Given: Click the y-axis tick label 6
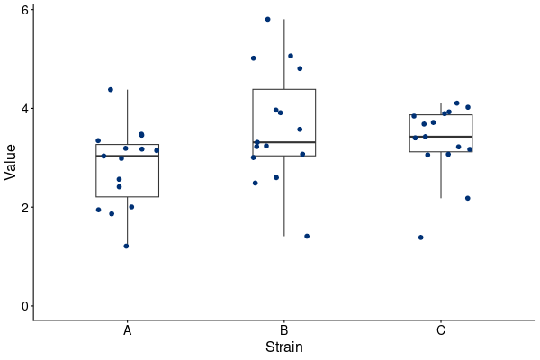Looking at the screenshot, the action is point(25,10).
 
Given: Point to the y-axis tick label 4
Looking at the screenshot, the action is point(25,109).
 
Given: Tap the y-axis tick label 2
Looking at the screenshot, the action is point(25,207).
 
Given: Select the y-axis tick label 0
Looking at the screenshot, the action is point(25,306).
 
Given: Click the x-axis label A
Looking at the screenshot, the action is point(128,330).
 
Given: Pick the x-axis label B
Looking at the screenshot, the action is point(284,330).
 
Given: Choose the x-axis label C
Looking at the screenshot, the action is point(441,330).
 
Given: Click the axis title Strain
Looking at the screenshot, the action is point(284,346).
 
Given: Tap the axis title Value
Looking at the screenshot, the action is point(10,162).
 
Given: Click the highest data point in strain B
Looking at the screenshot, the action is point(268,19).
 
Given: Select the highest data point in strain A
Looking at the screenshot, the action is point(111,90).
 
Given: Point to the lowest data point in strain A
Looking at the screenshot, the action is point(126,246).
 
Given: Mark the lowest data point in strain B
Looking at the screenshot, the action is point(307,236).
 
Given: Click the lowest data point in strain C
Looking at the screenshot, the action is point(421,238).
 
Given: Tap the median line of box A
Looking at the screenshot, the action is point(128,156).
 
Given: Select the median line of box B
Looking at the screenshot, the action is point(284,142).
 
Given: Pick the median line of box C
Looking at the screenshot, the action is point(441,137).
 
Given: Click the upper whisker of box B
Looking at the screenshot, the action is point(284,54).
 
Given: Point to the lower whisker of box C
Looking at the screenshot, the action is point(441,175).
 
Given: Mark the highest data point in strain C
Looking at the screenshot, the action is point(457,103).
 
